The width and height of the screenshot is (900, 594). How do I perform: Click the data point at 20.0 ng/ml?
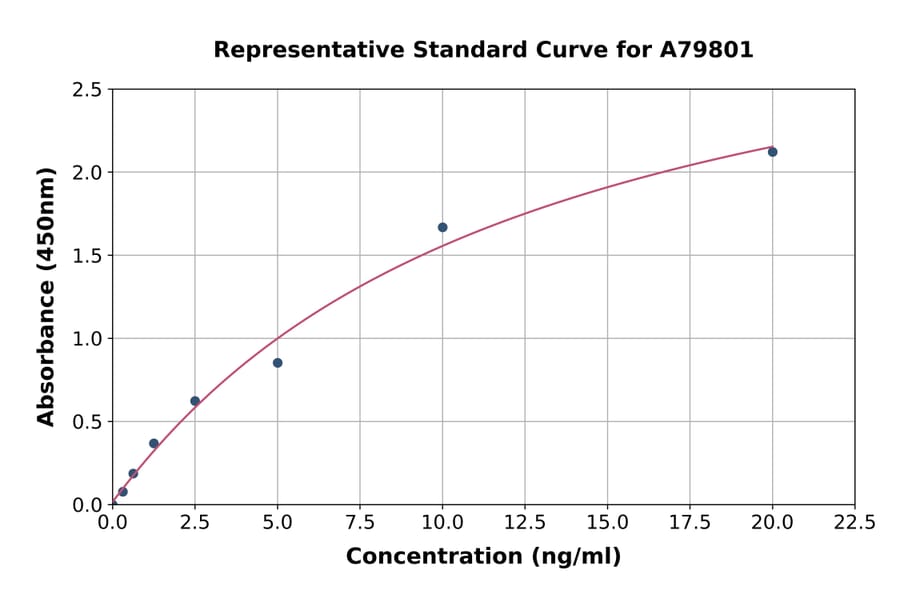[x=772, y=152]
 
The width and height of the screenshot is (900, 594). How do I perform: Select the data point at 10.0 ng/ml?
[x=442, y=227]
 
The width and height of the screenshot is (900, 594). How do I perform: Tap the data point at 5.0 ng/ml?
[x=277, y=363]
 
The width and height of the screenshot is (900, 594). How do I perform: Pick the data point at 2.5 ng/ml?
[x=195, y=401]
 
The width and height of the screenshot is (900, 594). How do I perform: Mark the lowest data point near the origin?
[x=123, y=492]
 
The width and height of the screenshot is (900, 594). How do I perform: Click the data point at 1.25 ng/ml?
[x=154, y=443]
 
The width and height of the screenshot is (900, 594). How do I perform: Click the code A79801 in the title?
[x=707, y=50]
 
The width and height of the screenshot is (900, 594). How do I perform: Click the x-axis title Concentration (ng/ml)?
[x=483, y=557]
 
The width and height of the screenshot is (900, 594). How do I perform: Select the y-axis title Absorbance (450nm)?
[x=46, y=296]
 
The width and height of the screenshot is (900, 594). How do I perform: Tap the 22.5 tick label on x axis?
[x=855, y=523]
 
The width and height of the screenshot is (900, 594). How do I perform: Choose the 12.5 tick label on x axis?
[x=525, y=523]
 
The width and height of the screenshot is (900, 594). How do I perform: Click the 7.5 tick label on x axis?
[x=360, y=523]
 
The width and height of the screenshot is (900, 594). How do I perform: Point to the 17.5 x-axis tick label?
[x=690, y=523]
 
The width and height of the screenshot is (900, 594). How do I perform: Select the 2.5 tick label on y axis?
[x=87, y=90]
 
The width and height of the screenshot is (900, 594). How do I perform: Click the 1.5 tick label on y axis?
[x=87, y=256]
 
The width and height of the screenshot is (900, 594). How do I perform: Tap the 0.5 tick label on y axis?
[x=87, y=422]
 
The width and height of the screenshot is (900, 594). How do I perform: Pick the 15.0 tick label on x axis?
[x=607, y=523]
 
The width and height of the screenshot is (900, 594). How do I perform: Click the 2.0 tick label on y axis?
[x=87, y=173]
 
